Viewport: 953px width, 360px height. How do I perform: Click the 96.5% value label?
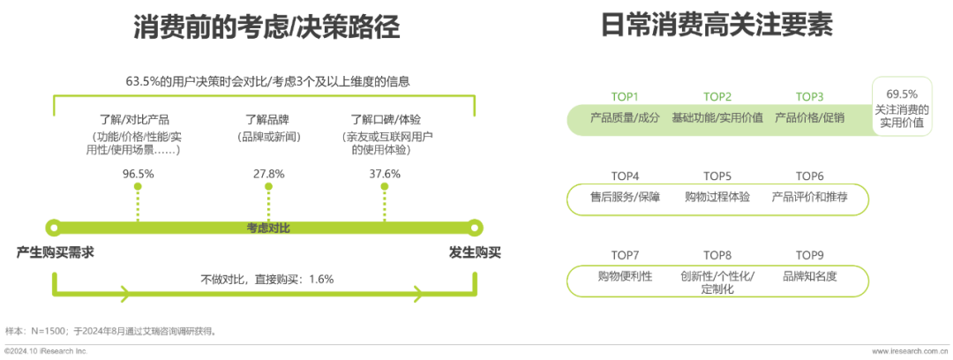(x=138, y=174)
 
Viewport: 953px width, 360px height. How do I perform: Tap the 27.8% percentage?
(x=268, y=174)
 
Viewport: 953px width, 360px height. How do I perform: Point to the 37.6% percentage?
(x=385, y=174)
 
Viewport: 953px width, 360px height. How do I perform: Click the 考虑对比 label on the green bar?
(x=268, y=228)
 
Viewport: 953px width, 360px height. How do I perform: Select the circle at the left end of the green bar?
(x=55, y=228)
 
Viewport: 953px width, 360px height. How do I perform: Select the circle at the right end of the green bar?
(x=476, y=228)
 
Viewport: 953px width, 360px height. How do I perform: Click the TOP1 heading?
(x=625, y=97)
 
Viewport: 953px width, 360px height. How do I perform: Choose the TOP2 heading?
(x=717, y=97)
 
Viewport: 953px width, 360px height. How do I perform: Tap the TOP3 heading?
(x=809, y=97)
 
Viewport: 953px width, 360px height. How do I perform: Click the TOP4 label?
(x=625, y=176)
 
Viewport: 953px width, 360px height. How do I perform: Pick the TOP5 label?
(x=717, y=176)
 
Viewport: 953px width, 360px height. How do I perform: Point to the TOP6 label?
(x=809, y=176)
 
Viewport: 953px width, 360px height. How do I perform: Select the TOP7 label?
(x=625, y=256)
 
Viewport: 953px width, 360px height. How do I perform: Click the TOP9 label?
(x=809, y=256)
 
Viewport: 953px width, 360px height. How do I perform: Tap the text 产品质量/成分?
(x=625, y=117)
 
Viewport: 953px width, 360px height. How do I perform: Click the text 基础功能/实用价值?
(x=717, y=117)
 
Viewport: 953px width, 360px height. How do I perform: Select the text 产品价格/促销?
(x=809, y=117)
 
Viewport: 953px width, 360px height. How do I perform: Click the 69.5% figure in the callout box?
(x=901, y=94)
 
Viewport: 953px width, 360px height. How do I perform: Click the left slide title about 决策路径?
(x=266, y=27)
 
